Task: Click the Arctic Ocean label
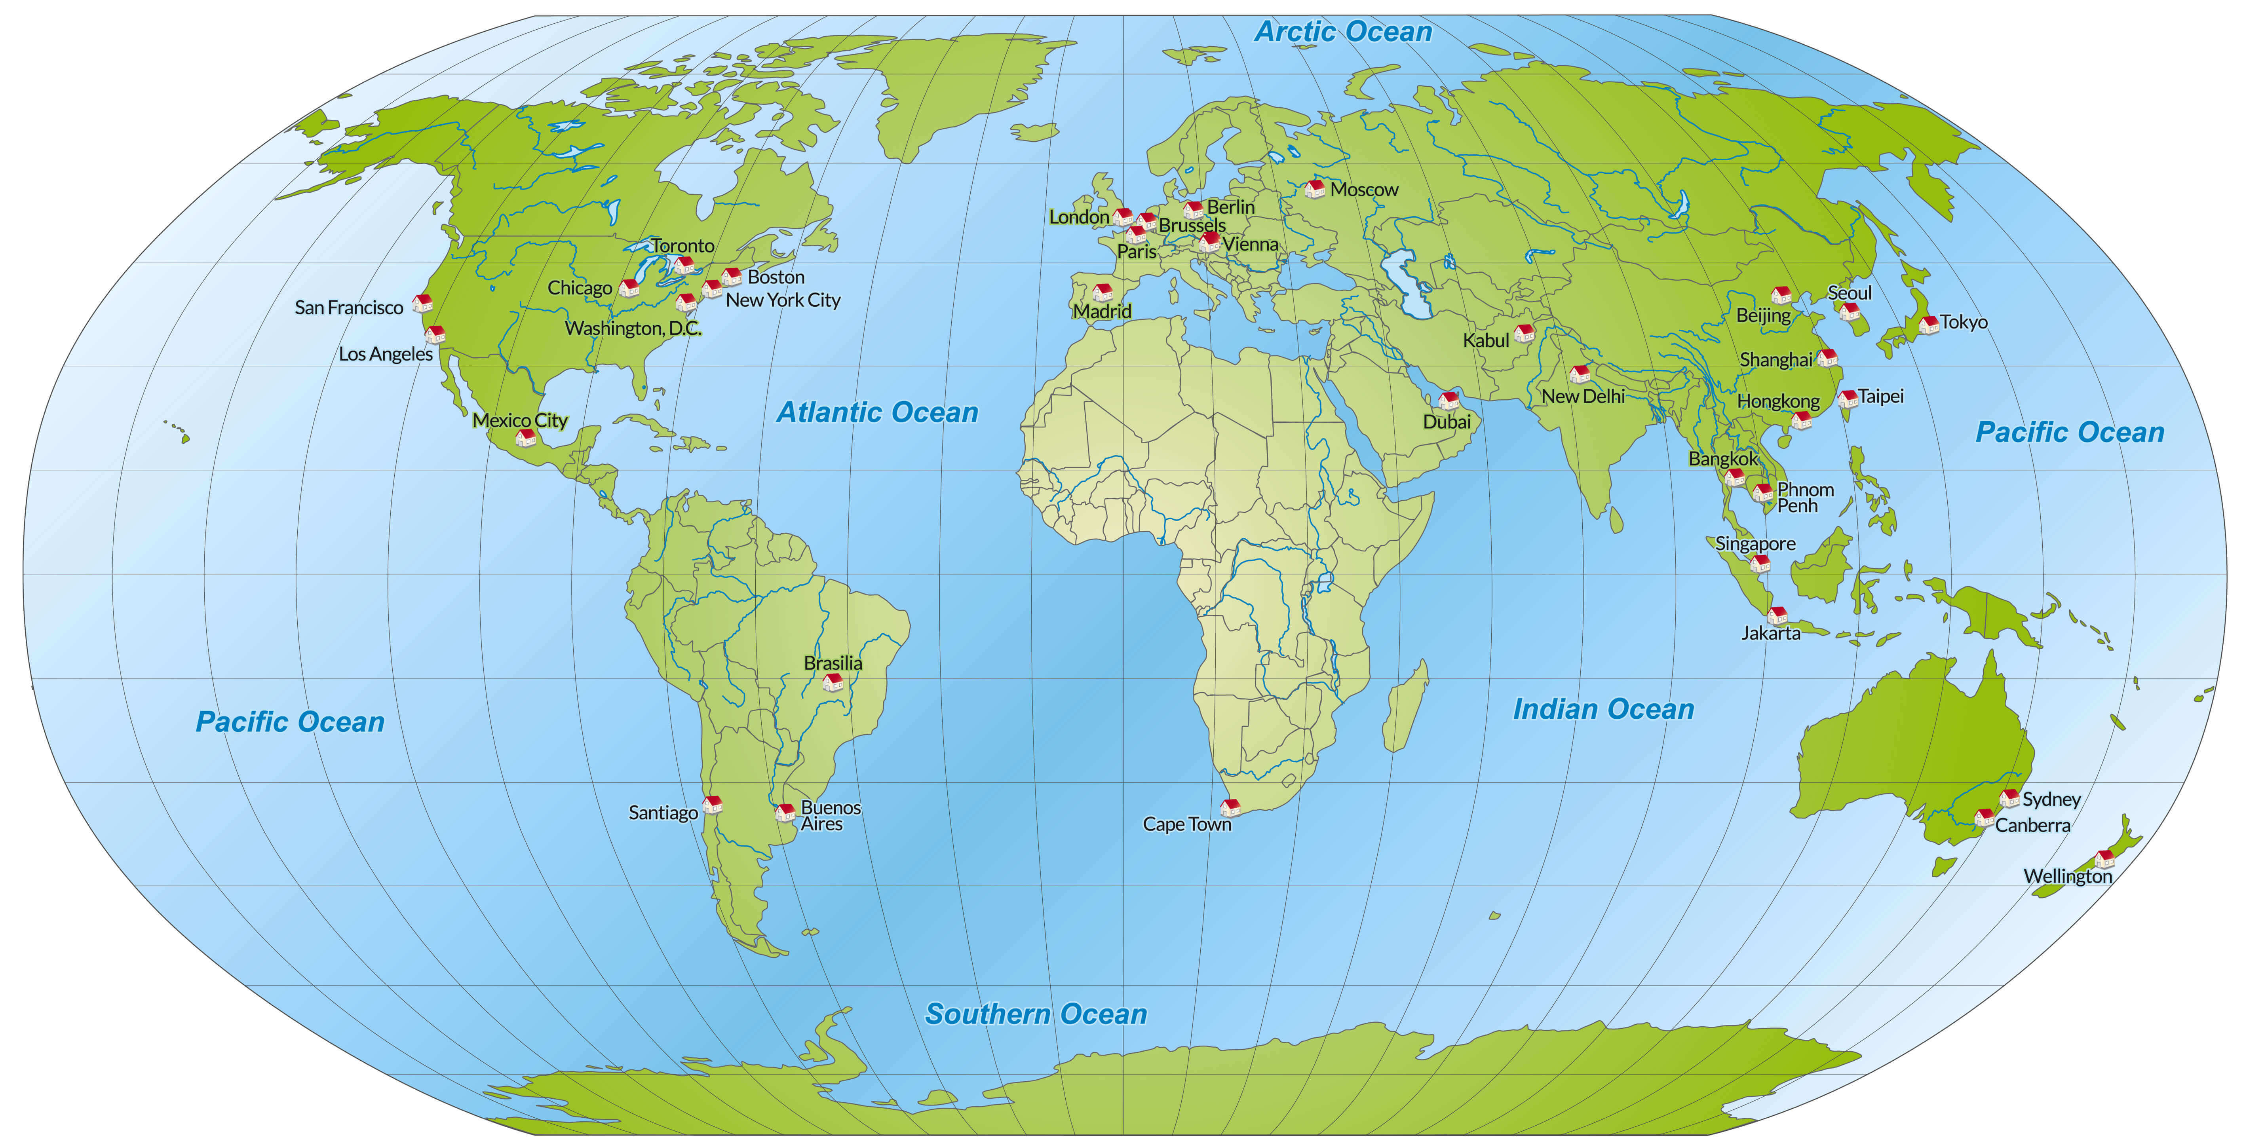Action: [x=1343, y=32]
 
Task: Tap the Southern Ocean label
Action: [x=1035, y=1014]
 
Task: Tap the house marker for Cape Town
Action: [x=1230, y=807]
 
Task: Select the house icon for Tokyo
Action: [x=1929, y=324]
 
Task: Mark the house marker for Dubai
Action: [x=1449, y=400]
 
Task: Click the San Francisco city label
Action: [x=349, y=308]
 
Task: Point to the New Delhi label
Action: [x=1583, y=397]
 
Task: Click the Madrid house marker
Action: [x=1103, y=291]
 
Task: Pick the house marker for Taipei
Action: [x=1848, y=398]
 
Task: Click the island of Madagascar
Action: [x=1405, y=708]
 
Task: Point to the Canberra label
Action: [x=2032, y=825]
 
